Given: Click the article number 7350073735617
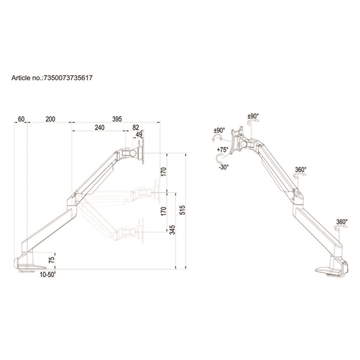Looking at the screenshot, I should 68,78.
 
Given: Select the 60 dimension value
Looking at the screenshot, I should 21,119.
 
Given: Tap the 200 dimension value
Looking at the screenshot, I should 50,119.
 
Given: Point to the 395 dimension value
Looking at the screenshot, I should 116,119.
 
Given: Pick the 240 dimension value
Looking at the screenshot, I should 99,128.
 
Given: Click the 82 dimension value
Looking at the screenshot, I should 136,128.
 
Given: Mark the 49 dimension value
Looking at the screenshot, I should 139,135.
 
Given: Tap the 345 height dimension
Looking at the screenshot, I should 173,230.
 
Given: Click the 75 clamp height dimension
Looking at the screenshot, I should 52,260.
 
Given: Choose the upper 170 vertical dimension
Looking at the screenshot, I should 164,172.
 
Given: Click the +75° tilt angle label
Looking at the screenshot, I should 223,149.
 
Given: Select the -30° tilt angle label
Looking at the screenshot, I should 223,167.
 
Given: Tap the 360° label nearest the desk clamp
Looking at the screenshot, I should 342,221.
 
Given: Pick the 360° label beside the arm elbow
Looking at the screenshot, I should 301,170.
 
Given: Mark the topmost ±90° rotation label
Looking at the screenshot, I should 253,116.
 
